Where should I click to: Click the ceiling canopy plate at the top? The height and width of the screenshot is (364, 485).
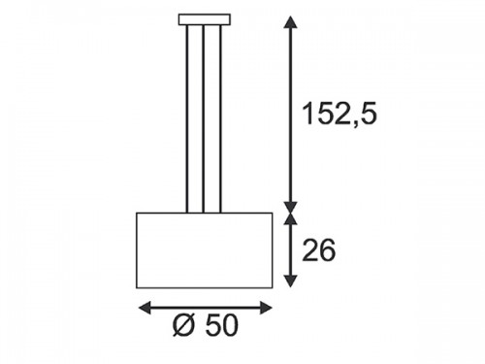point(205,19)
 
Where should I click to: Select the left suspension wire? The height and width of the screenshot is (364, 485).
point(187,118)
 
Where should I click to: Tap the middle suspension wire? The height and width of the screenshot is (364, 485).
point(204,118)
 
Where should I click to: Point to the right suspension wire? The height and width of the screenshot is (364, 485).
point(220,118)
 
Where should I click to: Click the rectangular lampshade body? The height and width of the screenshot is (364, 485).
point(205,250)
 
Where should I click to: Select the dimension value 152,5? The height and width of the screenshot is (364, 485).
point(339,114)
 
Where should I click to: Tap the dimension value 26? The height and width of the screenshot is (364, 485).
point(319,250)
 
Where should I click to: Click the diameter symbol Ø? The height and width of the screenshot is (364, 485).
point(185,325)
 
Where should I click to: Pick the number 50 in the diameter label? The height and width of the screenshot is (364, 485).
point(221,325)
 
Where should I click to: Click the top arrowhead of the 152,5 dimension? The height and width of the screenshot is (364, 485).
point(290,22)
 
